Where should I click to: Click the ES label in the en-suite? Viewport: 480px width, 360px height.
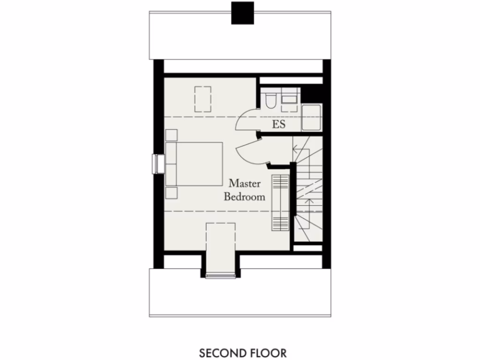pos(279,124)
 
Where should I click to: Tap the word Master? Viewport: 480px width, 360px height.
pos(245,183)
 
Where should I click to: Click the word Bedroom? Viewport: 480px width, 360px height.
pos(244,196)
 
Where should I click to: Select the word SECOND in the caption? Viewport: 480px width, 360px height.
pos(217,352)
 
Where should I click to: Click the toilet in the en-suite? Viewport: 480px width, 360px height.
pos(270,100)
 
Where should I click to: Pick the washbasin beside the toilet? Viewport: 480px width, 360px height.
pos(289,99)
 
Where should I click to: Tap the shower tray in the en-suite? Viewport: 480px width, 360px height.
pos(311,118)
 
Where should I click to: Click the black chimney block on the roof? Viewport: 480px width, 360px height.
pos(243,13)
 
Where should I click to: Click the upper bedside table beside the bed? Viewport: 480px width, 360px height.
pos(171,135)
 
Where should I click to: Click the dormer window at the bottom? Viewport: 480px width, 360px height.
pos(220,275)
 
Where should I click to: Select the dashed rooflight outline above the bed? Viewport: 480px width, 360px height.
pos(202,99)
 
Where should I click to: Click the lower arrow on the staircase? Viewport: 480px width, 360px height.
pos(308,202)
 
